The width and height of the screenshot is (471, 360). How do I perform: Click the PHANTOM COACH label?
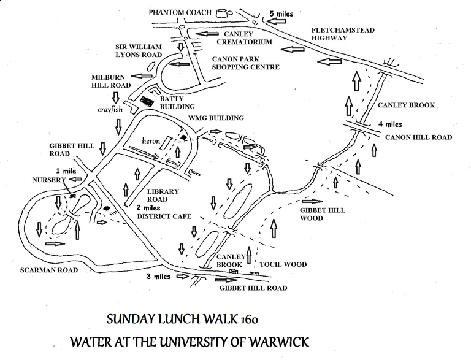(x=180, y=13)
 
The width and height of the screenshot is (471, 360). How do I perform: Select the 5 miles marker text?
(x=281, y=14)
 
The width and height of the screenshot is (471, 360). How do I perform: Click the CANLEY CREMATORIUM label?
(x=244, y=38)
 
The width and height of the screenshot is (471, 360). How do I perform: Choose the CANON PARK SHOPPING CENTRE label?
(x=246, y=63)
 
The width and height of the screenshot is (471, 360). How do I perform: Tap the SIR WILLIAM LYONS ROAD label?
(x=139, y=51)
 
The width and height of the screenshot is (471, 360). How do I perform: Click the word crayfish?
(x=110, y=109)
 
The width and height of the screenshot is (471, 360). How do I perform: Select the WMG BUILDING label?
(x=216, y=118)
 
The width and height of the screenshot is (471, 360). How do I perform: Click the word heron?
(x=151, y=140)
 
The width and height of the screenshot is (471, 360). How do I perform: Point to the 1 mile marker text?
(x=66, y=171)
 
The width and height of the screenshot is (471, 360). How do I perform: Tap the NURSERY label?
(x=48, y=180)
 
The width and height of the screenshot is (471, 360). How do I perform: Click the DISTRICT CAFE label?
(x=164, y=216)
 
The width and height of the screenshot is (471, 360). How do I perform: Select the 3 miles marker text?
(x=159, y=277)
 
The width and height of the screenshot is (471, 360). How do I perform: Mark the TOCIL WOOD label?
(x=283, y=264)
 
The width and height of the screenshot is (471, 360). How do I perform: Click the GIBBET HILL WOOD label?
(x=323, y=214)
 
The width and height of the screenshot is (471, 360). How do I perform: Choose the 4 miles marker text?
(x=390, y=124)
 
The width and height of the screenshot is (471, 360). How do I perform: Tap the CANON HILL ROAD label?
(x=418, y=137)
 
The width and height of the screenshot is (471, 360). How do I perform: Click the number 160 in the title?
(x=249, y=320)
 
